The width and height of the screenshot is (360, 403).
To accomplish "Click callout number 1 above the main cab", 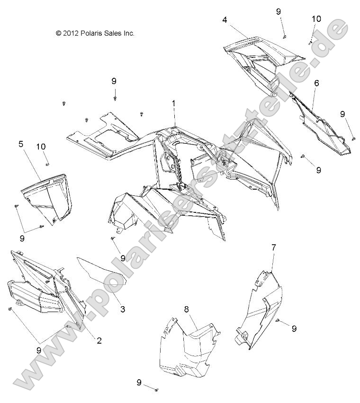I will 174,103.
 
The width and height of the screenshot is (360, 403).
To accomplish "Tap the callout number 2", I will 99,340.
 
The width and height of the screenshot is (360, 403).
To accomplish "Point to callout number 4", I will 225,20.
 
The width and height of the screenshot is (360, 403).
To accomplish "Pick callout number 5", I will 21,144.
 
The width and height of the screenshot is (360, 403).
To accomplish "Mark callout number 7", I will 273,247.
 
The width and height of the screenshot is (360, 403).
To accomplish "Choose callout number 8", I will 187,309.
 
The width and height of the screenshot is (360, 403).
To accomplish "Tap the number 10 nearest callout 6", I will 316,19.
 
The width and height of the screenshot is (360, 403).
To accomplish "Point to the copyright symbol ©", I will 59,33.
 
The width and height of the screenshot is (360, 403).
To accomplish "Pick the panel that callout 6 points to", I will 327,128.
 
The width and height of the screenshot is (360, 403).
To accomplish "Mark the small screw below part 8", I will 156,390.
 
